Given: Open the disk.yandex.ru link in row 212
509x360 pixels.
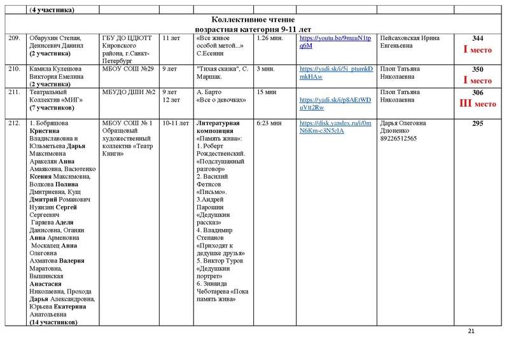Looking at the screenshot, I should [x=335, y=127].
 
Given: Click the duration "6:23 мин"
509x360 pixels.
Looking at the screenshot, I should [x=268, y=123].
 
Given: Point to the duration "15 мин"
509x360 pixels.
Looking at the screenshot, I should [x=265, y=92].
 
